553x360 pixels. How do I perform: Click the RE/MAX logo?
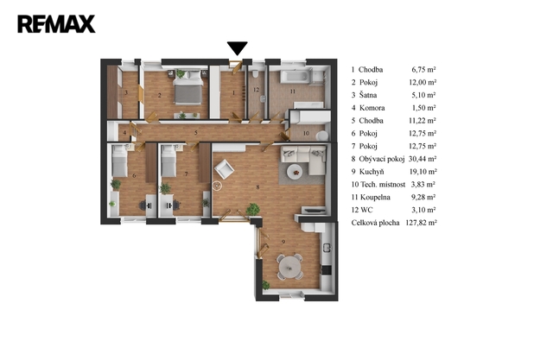pos(56,24)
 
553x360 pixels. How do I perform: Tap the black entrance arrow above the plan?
pos(237,48)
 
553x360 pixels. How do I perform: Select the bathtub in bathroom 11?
pos(296,77)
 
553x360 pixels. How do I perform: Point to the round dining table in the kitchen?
pos(290,267)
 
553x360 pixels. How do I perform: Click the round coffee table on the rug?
pos(295,173)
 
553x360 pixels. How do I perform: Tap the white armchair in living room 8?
pos(224,169)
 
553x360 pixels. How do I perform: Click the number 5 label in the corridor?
pos(196,133)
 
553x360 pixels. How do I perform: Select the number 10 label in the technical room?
pos(306,133)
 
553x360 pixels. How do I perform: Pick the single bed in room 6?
pos(119,161)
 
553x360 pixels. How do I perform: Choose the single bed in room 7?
pos(168,161)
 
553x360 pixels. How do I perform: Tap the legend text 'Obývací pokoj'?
pos(382,159)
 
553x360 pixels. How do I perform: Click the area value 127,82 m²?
pos(421,223)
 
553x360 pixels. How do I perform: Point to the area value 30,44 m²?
pos(423,159)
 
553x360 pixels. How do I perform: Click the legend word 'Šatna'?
pos(368,95)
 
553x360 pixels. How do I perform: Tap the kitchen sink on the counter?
pos(327,248)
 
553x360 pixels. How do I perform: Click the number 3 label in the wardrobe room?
pos(126,92)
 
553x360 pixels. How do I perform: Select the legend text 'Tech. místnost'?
pos(383,184)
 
